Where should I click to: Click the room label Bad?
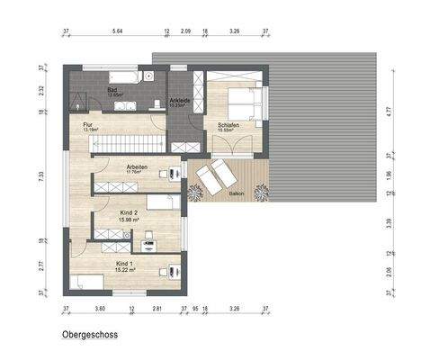[x=112, y=91]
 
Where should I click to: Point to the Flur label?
[x=88, y=126]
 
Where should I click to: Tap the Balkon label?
[x=237, y=193]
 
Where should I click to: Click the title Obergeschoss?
[x=90, y=333]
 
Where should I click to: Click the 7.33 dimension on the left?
[x=41, y=177]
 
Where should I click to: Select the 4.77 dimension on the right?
[x=389, y=112]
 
